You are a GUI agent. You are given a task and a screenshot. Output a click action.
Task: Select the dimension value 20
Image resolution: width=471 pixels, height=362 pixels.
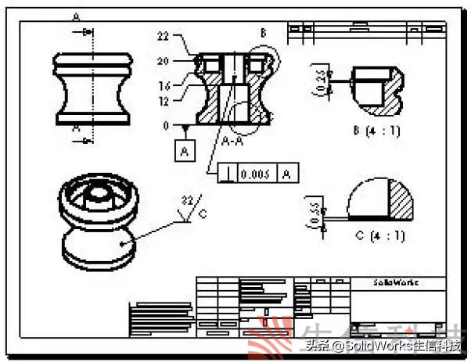[x=163, y=61]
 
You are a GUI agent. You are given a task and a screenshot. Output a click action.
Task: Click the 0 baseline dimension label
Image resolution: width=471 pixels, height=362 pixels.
[x=164, y=125]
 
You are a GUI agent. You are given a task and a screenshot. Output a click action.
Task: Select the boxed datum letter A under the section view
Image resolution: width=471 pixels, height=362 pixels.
[x=184, y=151]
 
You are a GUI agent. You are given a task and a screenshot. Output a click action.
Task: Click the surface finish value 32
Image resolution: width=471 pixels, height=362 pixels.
[x=187, y=200]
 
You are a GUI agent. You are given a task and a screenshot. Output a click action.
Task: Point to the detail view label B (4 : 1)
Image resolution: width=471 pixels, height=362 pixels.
[x=376, y=131]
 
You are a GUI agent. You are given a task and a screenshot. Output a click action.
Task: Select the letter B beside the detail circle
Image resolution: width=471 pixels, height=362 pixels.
[x=263, y=33]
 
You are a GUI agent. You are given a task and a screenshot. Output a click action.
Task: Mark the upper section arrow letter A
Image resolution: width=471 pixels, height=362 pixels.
[x=76, y=16]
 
